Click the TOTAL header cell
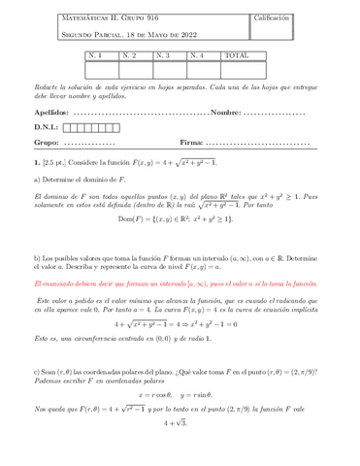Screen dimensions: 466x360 [237, 55]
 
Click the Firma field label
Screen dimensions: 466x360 [192, 142]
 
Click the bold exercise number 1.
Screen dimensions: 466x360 [36, 162]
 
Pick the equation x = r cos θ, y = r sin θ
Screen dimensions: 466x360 [180, 395]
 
